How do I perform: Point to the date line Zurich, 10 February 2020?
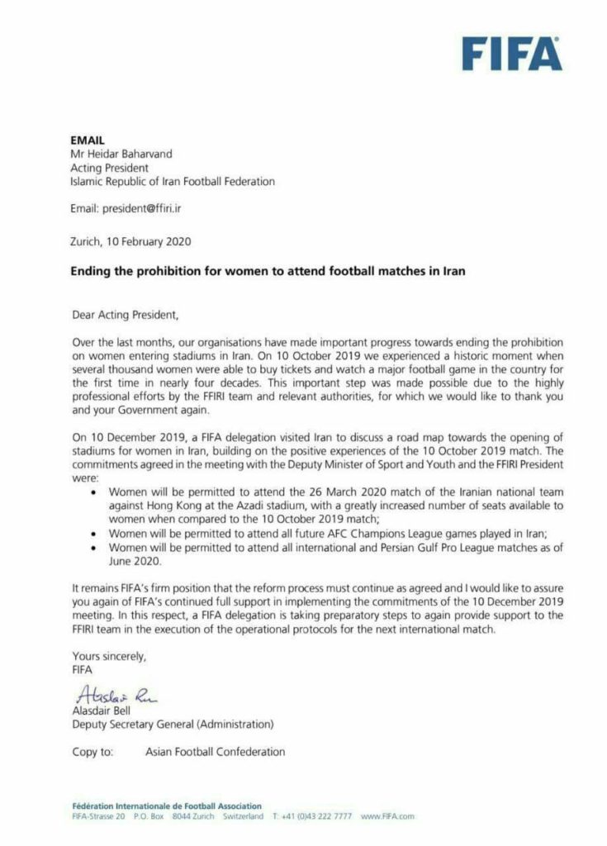130,241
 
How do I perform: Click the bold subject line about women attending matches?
268,272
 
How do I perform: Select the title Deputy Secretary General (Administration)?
172,725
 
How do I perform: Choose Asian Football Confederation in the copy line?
215,752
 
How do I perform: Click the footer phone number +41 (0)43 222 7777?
318,816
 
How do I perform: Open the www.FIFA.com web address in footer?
387,816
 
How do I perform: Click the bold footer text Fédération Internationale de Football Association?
166,806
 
